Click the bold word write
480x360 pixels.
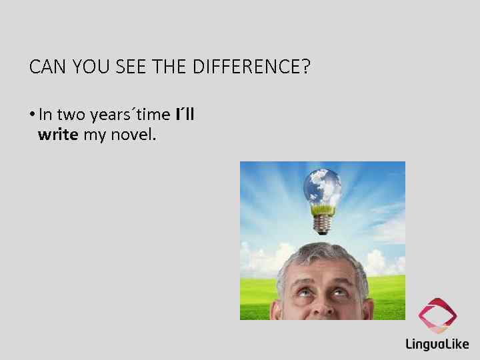[59, 135]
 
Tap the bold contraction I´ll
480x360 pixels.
[185, 114]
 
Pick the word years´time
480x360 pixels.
[130, 115]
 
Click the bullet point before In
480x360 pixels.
[32, 115]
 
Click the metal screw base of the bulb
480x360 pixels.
[323, 225]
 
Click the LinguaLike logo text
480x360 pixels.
[437, 344]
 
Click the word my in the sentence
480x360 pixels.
[94, 135]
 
